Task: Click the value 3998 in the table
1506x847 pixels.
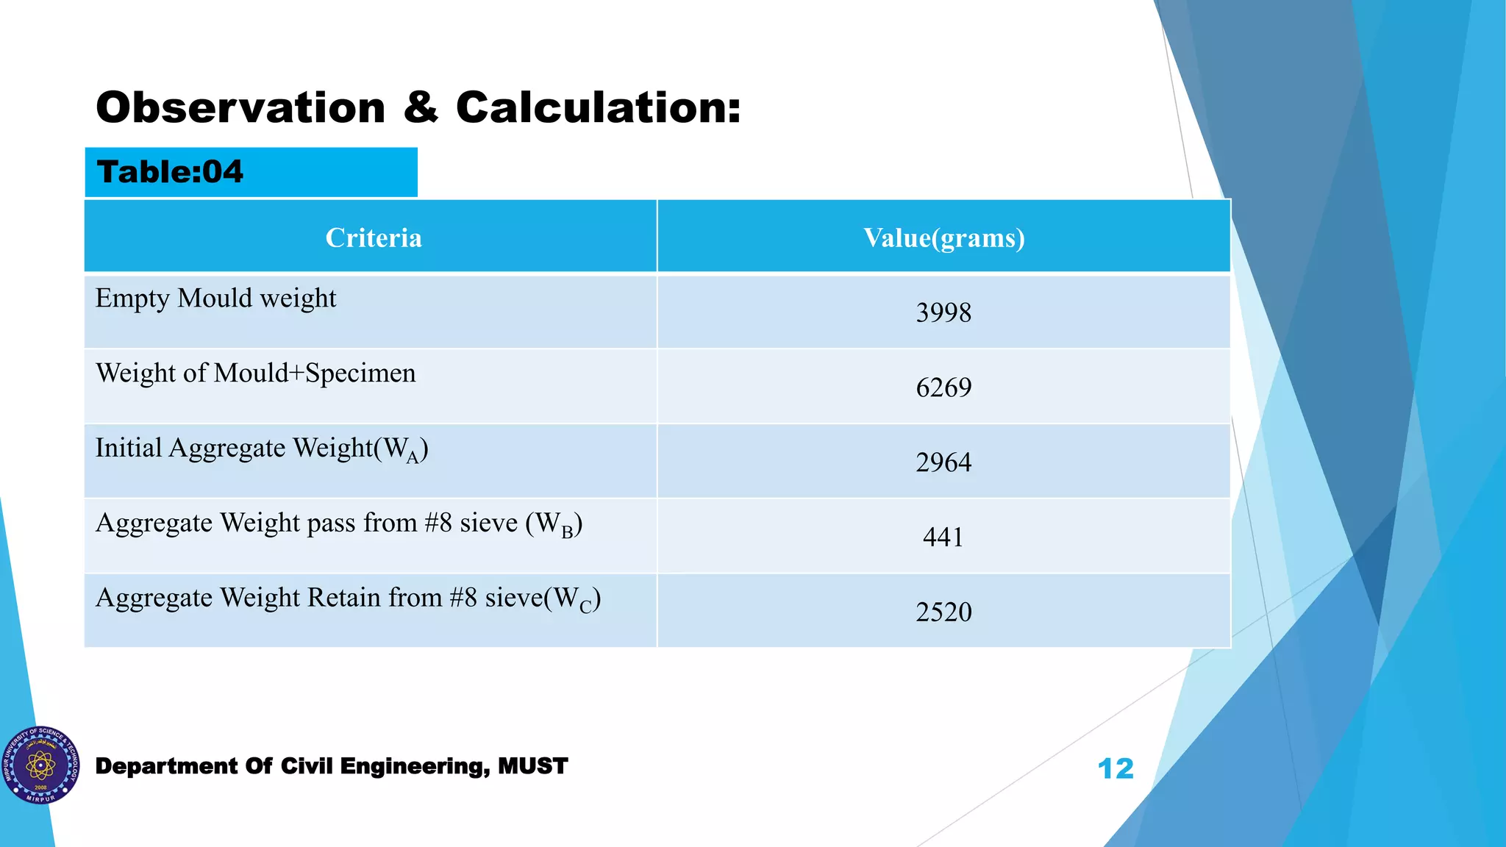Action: (x=943, y=313)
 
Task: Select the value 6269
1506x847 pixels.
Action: (x=943, y=388)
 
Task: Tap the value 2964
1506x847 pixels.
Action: (x=943, y=463)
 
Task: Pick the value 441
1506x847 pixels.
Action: (x=943, y=537)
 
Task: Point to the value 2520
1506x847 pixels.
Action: (x=943, y=612)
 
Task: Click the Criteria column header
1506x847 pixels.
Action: (x=374, y=238)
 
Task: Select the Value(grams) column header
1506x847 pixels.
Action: (x=943, y=238)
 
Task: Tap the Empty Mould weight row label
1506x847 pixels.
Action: (x=215, y=299)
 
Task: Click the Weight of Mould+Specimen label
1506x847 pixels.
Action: (x=255, y=374)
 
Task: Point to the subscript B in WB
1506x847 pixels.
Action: (x=567, y=532)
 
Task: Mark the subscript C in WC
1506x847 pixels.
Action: (x=585, y=607)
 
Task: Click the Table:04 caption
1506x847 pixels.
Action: (x=170, y=173)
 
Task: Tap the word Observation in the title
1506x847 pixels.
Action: (x=240, y=108)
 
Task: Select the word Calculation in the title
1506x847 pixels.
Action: (x=598, y=108)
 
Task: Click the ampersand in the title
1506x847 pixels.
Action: (x=421, y=108)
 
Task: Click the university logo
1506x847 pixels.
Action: (x=40, y=765)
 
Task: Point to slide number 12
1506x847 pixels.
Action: (x=1115, y=769)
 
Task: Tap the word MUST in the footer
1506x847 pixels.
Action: (x=532, y=766)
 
